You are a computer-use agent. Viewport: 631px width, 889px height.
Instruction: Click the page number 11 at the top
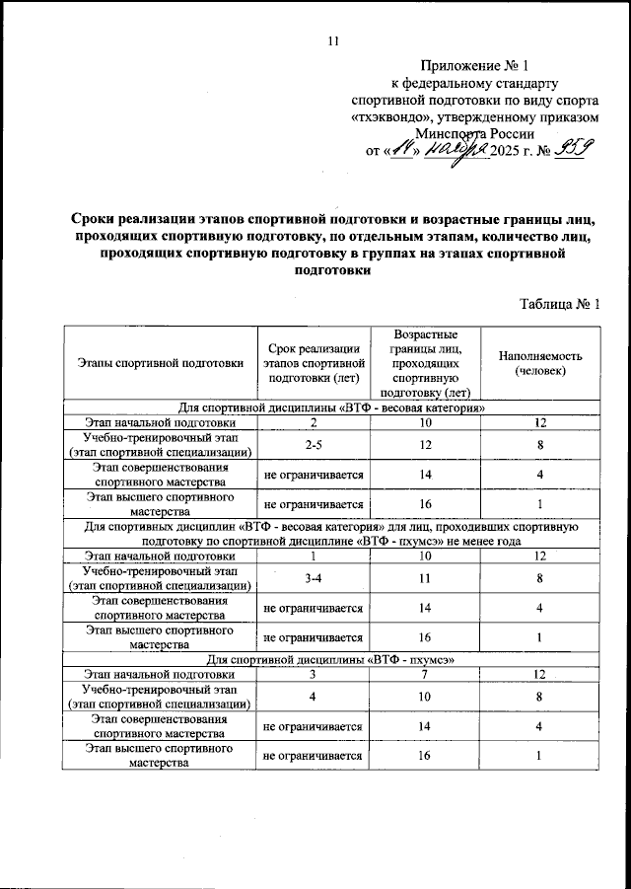point(332,40)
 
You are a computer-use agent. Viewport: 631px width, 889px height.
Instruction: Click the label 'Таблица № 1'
point(559,304)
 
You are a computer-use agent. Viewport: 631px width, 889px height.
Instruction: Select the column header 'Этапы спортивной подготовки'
point(160,363)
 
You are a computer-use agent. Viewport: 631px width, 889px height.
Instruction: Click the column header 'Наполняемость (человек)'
point(541,363)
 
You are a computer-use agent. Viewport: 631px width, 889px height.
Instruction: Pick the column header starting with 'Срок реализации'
point(312,363)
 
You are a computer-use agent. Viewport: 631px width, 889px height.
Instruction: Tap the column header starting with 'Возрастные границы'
point(423,363)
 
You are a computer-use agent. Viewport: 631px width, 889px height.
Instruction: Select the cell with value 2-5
point(312,445)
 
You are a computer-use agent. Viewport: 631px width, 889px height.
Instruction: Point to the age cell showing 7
point(424,674)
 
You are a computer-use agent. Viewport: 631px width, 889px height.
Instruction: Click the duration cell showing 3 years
point(312,674)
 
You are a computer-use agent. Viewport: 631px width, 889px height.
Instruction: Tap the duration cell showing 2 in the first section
point(312,422)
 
